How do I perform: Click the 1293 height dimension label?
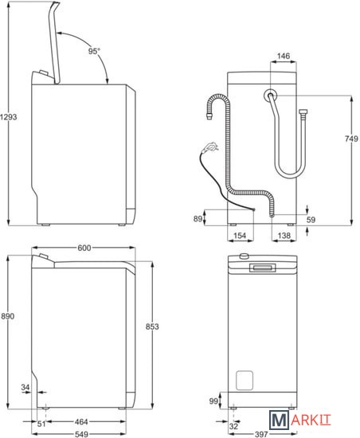pos(8,117)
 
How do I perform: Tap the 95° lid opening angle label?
pos(94,51)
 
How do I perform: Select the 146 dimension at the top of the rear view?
pos(284,57)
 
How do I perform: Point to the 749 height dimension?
pos(351,139)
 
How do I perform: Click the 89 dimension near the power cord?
pos(198,218)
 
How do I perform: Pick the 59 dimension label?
pos(311,220)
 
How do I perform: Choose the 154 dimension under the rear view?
pos(240,236)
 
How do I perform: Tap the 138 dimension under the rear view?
pos(284,236)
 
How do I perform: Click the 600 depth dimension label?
pos(84,248)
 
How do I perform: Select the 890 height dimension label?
pos(7,316)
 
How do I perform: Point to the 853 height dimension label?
pos(152,327)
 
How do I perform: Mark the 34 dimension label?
pos(25,387)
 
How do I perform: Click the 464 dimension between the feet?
pos(81,421)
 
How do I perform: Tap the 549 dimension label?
pos(81,434)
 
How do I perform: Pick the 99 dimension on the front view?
pos(213,401)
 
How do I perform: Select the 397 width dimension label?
pos(261,434)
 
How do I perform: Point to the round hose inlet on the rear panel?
pos(270,96)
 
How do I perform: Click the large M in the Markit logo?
pos(279,420)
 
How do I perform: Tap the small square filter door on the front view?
pos(245,380)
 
